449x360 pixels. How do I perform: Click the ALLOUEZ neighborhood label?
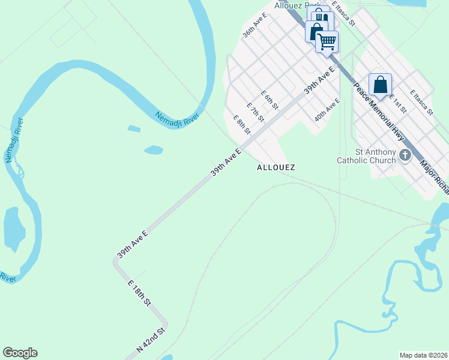276,167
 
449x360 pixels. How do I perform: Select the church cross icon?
405,156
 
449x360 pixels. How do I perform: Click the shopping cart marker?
327,42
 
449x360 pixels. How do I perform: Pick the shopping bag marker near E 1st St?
380,85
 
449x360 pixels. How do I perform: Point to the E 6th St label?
270,100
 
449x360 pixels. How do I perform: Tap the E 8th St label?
241,124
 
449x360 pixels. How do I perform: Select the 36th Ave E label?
254,25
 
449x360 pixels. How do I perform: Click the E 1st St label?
398,103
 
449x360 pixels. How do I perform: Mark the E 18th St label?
139,294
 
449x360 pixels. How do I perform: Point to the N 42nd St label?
151,340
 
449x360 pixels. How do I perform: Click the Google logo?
20,353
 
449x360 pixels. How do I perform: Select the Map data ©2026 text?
423,355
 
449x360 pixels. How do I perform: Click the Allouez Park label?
291,5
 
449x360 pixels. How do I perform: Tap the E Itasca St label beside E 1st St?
421,103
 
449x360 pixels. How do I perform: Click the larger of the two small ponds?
154,149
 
